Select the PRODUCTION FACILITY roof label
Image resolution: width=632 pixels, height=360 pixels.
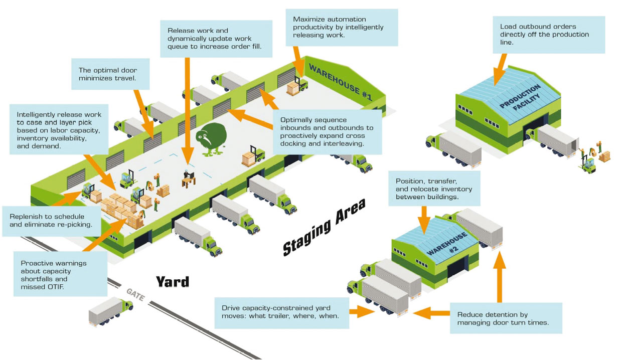pyautogui.click(x=520, y=97)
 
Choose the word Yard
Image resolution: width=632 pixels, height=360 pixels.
pyautogui.click(x=172, y=282)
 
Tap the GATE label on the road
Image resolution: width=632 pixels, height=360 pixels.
pyautogui.click(x=135, y=294)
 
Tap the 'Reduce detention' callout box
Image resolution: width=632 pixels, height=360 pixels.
pyautogui.click(x=506, y=318)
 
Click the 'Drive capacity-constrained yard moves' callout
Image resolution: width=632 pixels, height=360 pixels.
pyautogui.click(x=281, y=312)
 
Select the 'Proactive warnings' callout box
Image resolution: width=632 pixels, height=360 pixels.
pyautogui.click(x=60, y=274)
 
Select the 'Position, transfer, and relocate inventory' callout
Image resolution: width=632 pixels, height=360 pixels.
pyautogui.click(x=434, y=188)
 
